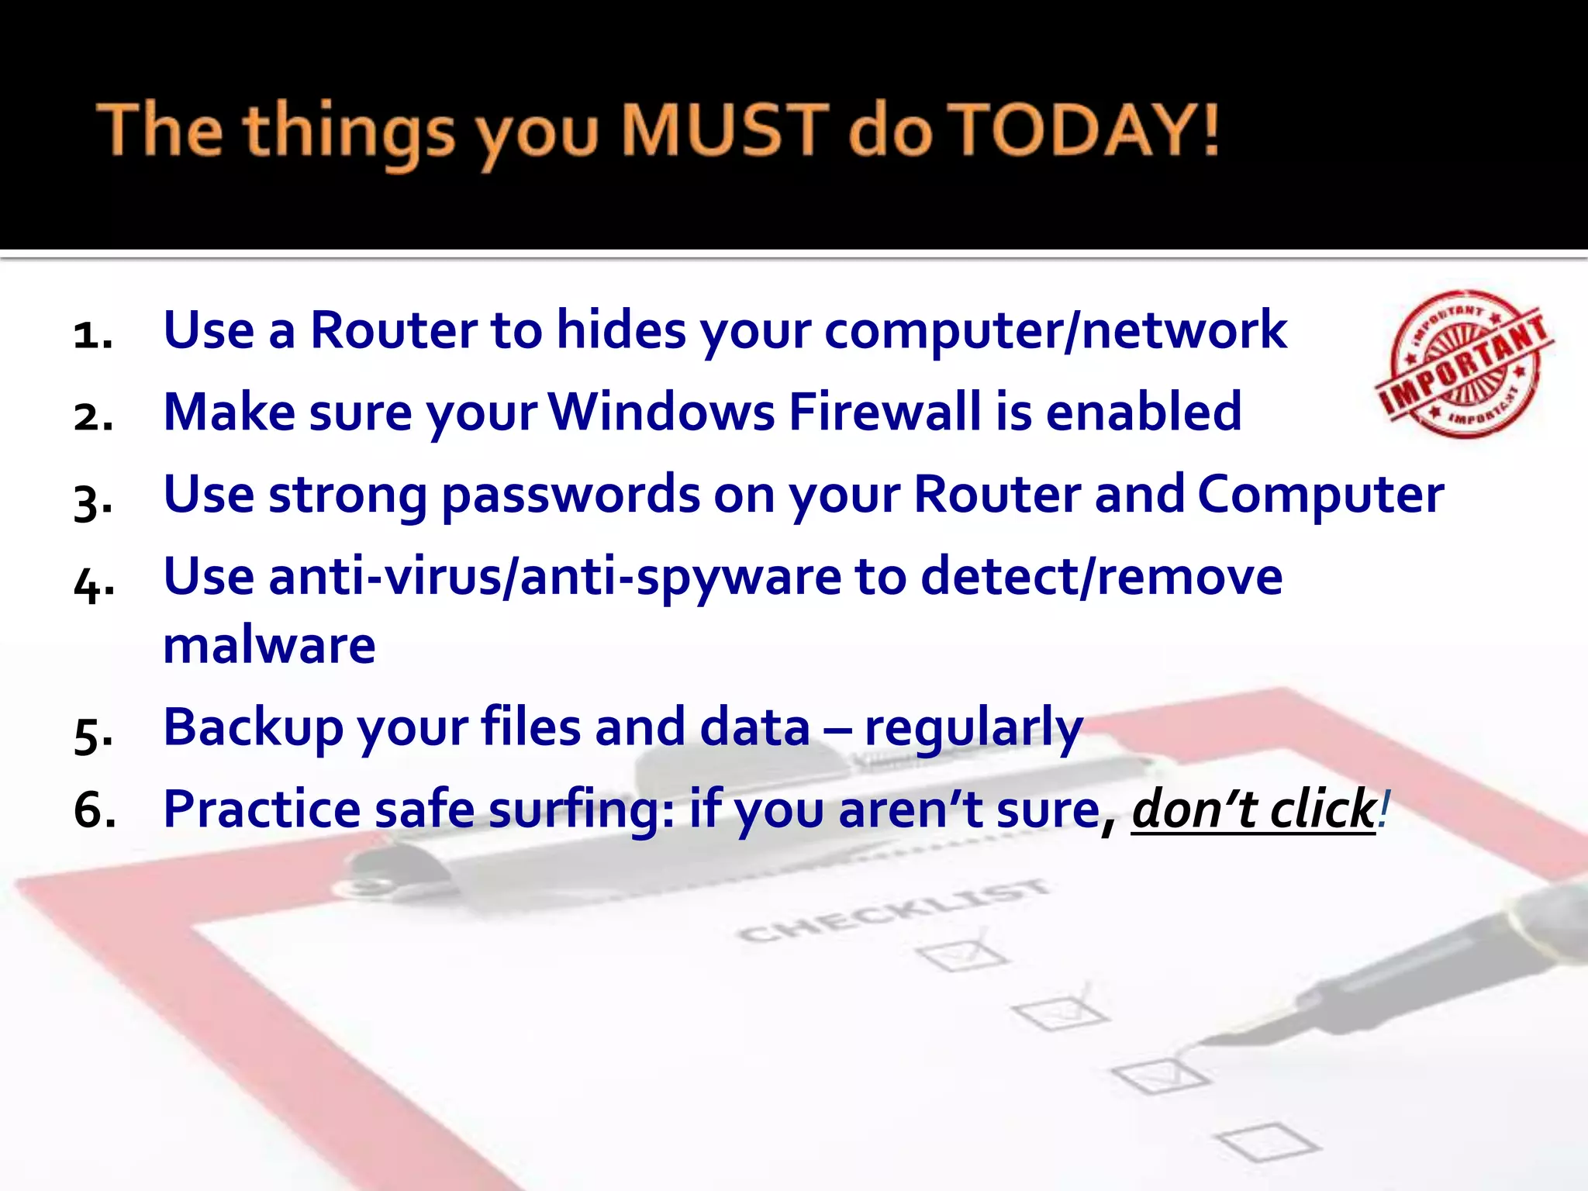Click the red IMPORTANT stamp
(x=1464, y=364)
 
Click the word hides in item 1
(x=621, y=330)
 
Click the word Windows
(x=662, y=412)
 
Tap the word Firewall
(x=885, y=412)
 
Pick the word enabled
(x=1144, y=412)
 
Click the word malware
(x=269, y=645)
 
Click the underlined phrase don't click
(x=1253, y=810)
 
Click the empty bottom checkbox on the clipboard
(x=1267, y=1141)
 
